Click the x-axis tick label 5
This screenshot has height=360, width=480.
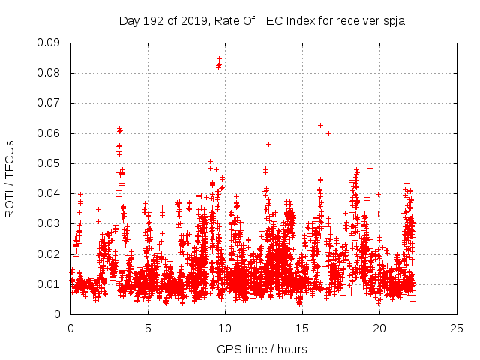tap(148, 328)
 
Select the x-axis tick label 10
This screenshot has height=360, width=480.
tap(225, 328)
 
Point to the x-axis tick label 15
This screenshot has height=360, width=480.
tap(302, 328)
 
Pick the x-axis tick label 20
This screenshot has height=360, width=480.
tap(379, 328)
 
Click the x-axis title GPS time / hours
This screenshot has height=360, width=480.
tap(262, 349)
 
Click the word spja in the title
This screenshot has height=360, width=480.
tap(392, 21)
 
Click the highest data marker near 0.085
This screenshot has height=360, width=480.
tap(219, 58)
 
